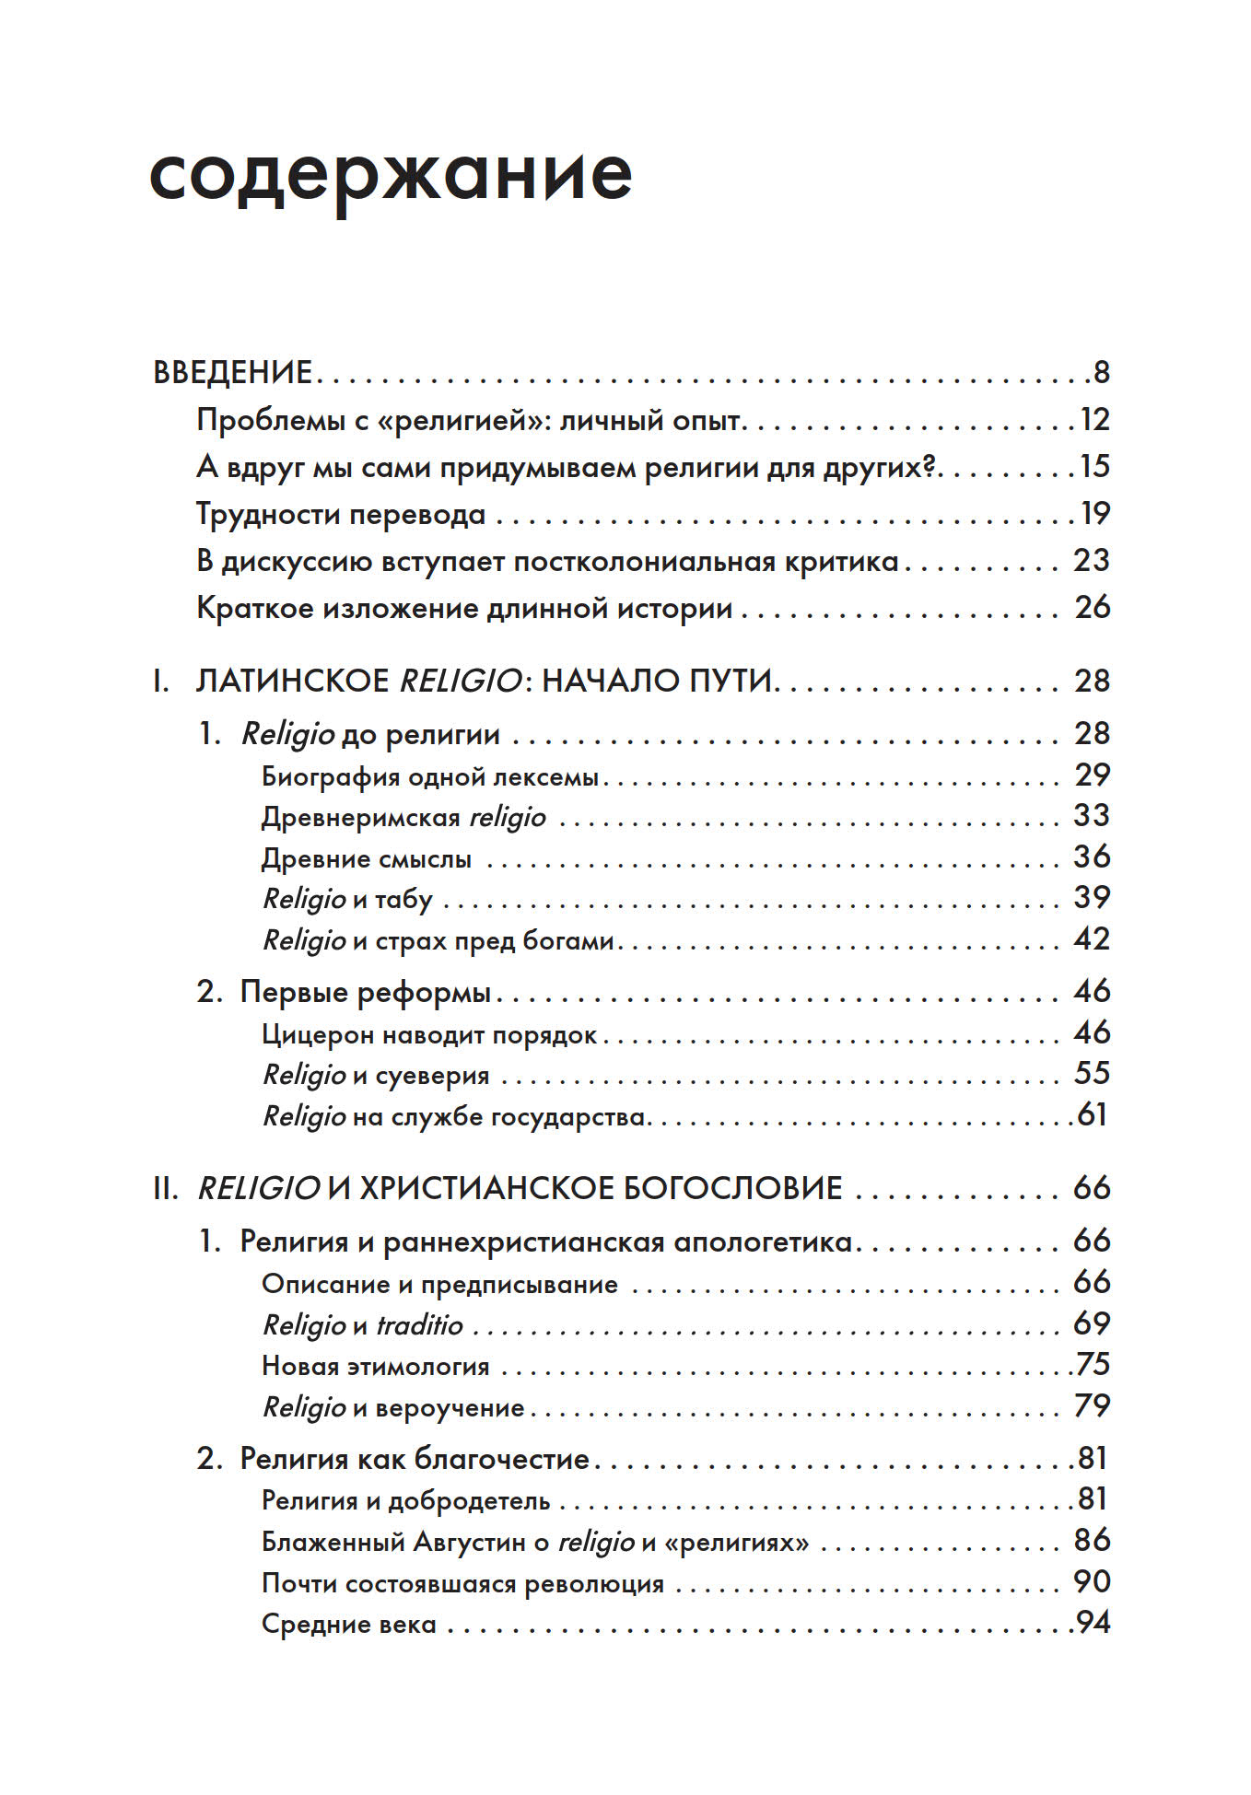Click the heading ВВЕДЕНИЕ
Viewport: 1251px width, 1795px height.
(x=233, y=372)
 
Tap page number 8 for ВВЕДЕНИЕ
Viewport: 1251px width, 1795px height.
(x=1101, y=372)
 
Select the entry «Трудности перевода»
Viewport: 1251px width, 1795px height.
(x=341, y=514)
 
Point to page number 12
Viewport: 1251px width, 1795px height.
(x=1094, y=420)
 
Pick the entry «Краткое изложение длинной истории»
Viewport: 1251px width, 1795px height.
(x=464, y=608)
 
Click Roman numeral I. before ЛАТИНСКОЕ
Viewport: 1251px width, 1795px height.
(x=161, y=682)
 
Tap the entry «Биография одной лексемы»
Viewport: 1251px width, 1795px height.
(x=430, y=776)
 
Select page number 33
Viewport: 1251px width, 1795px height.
(x=1092, y=816)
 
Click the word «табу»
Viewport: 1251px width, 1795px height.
(x=403, y=899)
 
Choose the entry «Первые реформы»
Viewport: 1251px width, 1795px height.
(x=365, y=992)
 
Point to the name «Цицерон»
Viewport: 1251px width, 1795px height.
(x=318, y=1035)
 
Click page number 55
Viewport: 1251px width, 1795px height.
(x=1092, y=1074)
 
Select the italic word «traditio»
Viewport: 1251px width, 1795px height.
(x=420, y=1325)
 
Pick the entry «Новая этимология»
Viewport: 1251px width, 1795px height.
(x=375, y=1366)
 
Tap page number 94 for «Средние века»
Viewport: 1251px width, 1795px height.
(x=1093, y=1623)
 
